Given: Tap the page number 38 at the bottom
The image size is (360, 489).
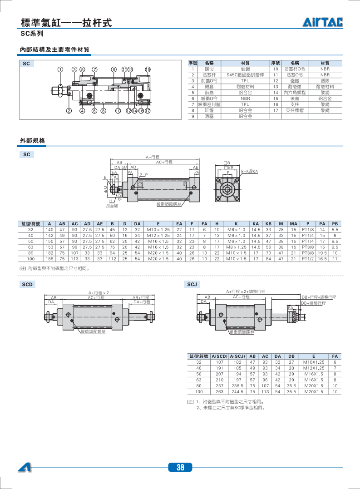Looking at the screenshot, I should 180,468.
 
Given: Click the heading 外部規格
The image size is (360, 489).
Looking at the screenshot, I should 32,141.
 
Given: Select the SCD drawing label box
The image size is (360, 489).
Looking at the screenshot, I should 27,285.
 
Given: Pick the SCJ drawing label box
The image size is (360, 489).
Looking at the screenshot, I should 192,285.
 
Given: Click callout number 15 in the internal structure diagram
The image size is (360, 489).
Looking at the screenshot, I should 148,69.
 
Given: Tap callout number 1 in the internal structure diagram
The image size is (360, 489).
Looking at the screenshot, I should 60,69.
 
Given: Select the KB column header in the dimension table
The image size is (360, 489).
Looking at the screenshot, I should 268,224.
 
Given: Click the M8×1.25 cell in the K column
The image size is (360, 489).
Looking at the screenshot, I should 237,247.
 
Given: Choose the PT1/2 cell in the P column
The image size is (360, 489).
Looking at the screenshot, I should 308,259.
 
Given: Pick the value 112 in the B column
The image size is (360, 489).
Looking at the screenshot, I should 112,259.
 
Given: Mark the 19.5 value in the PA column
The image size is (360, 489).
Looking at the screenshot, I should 322,253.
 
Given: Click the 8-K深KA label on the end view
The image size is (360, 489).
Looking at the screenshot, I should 249,172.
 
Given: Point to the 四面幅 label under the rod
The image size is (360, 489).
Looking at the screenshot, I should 111,205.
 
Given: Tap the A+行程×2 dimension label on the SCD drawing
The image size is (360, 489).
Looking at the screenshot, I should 99,293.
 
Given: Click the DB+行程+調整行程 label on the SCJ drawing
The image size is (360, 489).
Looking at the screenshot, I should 319,297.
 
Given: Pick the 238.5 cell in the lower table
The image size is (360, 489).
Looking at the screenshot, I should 237,385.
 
